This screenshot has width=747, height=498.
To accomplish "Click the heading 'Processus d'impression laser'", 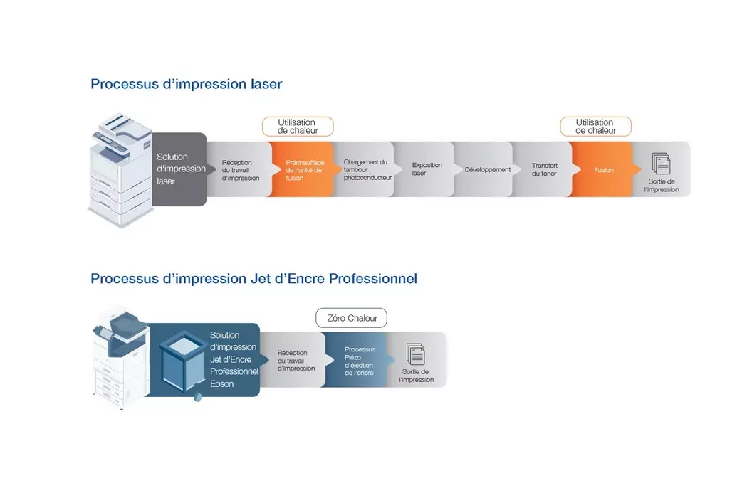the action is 187,84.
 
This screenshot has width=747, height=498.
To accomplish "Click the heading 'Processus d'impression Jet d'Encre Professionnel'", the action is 254,279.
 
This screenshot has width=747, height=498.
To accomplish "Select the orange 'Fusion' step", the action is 603,169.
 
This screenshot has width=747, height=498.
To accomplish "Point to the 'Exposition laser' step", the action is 425,169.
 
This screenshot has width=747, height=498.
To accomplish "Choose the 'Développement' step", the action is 486,169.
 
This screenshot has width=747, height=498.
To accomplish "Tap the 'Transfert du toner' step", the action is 544,169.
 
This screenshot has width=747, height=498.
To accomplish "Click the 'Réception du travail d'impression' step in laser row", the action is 241,169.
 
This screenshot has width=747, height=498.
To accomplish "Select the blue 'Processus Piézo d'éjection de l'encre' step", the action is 359,360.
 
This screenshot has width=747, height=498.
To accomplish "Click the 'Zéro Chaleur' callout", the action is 352,318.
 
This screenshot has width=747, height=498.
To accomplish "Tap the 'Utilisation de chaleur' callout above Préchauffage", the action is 298,127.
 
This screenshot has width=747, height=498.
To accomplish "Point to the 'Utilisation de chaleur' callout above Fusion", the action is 595,127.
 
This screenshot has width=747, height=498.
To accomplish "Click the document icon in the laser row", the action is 662,164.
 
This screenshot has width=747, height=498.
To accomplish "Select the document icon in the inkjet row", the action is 415,354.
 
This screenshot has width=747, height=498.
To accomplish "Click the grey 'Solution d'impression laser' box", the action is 179,169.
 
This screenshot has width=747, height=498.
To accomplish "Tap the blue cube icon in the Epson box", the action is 182,362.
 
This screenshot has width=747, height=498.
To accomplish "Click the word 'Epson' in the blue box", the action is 222,383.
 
